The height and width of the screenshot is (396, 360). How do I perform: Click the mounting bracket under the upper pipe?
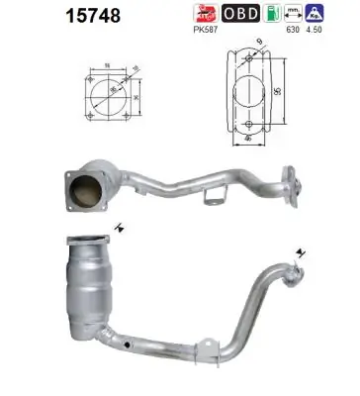coord(210,201)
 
